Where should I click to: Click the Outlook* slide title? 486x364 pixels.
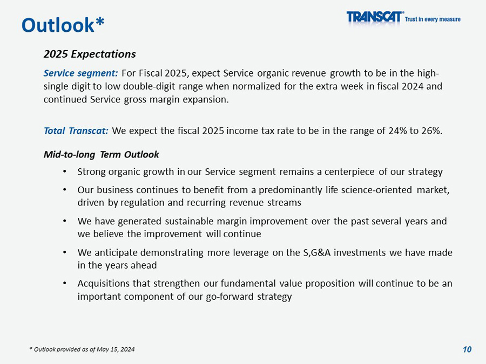[63, 24]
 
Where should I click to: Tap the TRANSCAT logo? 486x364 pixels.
[375, 17]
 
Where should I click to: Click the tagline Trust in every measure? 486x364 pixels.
[433, 19]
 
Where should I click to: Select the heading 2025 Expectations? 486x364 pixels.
[90, 54]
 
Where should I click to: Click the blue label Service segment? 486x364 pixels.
[80, 73]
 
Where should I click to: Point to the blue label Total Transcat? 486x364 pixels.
[76, 131]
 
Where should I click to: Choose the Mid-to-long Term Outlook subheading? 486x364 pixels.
[101, 155]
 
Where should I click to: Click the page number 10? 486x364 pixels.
[467, 349]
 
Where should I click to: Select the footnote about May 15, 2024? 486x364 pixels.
[82, 350]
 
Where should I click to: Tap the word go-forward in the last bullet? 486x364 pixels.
[226, 297]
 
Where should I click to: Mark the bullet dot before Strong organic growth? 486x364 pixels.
[64, 172]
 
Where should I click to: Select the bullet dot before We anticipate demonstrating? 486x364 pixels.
[64, 252]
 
